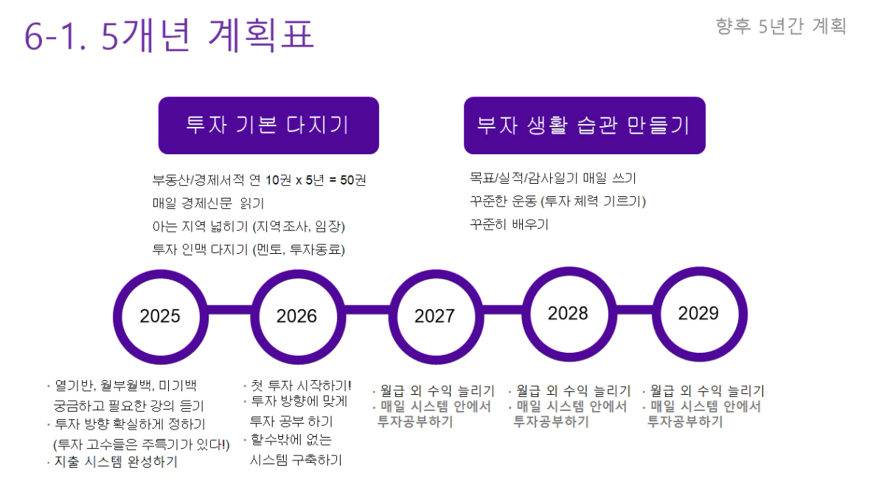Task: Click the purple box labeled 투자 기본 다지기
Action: pyautogui.click(x=268, y=125)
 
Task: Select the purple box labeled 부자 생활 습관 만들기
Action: pyautogui.click(x=585, y=125)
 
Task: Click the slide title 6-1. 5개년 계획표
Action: pyautogui.click(x=169, y=35)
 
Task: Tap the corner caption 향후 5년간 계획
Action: pyautogui.click(x=781, y=26)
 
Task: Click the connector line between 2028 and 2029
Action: pyautogui.click(x=634, y=310)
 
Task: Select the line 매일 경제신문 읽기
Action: pyautogui.click(x=209, y=203)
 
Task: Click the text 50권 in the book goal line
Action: pyautogui.click(x=353, y=180)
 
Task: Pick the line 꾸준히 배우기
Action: pyautogui.click(x=509, y=224)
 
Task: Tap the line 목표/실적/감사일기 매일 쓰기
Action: pyautogui.click(x=552, y=178)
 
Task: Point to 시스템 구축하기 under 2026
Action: pyautogui.click(x=296, y=460)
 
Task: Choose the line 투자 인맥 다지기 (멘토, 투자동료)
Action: pyautogui.click(x=248, y=249)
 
